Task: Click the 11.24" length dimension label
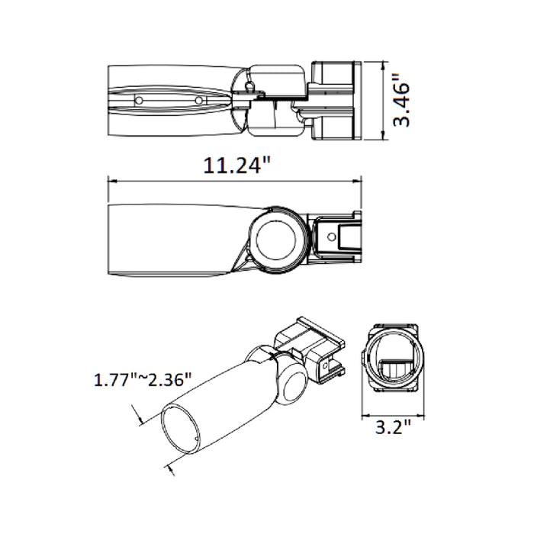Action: coord(237,166)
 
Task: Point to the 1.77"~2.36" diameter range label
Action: coord(143,379)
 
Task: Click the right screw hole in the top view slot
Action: coord(198,100)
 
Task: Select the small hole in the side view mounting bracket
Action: coord(333,236)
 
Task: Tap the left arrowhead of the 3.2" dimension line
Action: coord(362,415)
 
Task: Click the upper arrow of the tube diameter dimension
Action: coord(140,415)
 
